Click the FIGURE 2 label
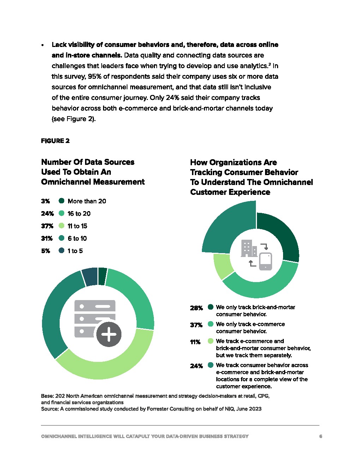tap(55, 141)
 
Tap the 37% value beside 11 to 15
tap(47, 226)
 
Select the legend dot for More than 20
tap(61, 201)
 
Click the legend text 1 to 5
tap(75, 251)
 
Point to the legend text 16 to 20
tap(79, 214)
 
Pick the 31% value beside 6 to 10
tap(47, 239)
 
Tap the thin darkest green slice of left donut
tap(102, 276)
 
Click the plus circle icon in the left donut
tap(109, 334)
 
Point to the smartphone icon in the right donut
tap(265, 261)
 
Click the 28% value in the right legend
tap(196, 308)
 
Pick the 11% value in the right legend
tap(195, 342)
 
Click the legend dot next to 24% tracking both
tap(211, 365)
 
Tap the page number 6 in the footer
tap(320, 436)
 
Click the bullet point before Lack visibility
tap(42, 45)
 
